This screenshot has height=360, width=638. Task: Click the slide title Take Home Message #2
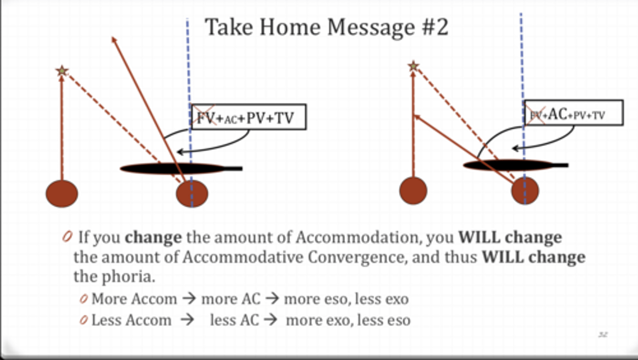(327, 27)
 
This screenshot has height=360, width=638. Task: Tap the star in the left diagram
(62, 70)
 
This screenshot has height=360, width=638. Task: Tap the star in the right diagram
(413, 67)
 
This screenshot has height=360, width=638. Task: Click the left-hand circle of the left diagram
(62, 194)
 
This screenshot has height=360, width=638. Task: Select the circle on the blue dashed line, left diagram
(192, 194)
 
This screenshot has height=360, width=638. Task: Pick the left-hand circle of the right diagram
(413, 191)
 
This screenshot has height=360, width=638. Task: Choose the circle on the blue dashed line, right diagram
(525, 191)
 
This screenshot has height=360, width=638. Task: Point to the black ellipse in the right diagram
(510, 165)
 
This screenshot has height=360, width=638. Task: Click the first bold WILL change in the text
(510, 238)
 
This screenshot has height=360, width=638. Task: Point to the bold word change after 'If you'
(153, 238)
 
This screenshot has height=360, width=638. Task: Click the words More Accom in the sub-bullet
(134, 299)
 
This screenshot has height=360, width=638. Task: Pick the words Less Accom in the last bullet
(131, 320)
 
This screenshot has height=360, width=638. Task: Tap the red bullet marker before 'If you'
(67, 237)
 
